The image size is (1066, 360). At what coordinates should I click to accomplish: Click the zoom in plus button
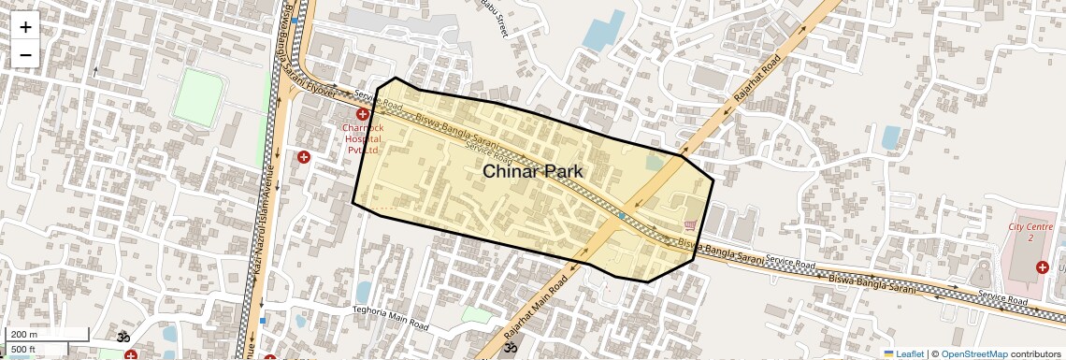pos(25,27)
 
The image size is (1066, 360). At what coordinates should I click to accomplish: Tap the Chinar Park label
pos(532,171)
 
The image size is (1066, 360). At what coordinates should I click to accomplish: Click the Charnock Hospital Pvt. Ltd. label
pos(362,138)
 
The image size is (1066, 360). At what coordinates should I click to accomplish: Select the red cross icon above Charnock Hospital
pos(362,114)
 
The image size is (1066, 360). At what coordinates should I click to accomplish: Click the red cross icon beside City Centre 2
pos(1042,267)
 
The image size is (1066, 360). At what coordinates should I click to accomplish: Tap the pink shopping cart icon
pos(690,224)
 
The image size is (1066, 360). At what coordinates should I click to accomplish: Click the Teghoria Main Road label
pos(391,317)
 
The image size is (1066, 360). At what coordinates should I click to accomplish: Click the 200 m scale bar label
pos(25,335)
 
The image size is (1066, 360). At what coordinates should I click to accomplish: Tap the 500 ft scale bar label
pos(23,350)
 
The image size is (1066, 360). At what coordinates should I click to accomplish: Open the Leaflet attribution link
pos(904,353)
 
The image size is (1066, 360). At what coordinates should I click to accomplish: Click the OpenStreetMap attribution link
pos(974,353)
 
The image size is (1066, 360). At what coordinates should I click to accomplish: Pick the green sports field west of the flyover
pos(198,97)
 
